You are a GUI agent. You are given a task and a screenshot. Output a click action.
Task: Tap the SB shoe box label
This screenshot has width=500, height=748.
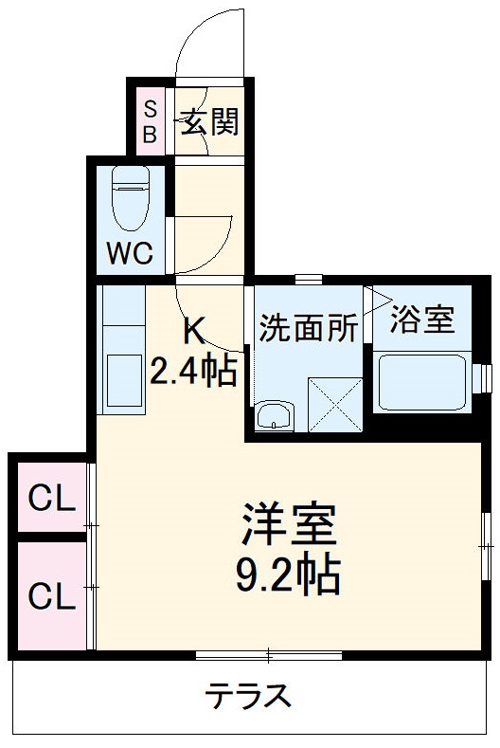point(151,120)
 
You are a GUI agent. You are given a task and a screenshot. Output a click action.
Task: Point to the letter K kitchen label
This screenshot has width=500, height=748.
point(192,332)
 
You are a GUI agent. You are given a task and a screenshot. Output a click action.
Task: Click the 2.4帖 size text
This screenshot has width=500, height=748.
point(192,371)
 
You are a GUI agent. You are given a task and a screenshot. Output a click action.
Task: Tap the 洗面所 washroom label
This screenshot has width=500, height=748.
point(309,327)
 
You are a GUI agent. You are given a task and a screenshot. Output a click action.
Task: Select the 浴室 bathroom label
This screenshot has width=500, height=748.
point(421,319)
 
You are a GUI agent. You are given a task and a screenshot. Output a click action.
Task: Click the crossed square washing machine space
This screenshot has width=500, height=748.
point(336,406)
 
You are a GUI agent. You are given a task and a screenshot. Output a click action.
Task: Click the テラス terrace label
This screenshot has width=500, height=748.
point(248,697)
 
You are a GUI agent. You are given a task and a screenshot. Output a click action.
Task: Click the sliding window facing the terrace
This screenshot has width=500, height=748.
point(268,654)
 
